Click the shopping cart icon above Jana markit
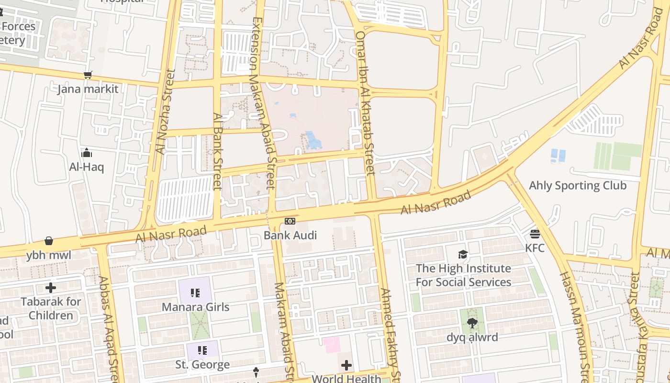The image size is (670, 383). point(88,75)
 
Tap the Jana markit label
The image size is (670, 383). point(88,89)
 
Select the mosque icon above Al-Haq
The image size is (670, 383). point(87,153)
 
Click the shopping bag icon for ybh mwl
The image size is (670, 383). point(49,241)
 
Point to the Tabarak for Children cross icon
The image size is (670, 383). point(51,288)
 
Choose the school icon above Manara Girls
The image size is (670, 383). point(195,293)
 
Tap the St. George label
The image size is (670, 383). point(202,365)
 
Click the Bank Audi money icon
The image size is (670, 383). point(290,221)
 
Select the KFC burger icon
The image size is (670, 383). point(535,234)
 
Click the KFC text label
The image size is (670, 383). point(535,248)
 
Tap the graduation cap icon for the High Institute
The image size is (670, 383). point(463,254)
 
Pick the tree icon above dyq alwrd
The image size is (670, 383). point(472,323)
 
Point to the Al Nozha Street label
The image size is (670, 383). point(165,113)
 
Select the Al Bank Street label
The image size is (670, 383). point(218,151)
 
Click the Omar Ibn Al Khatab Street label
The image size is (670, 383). point(365,103)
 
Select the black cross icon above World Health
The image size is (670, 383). point(346,366)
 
